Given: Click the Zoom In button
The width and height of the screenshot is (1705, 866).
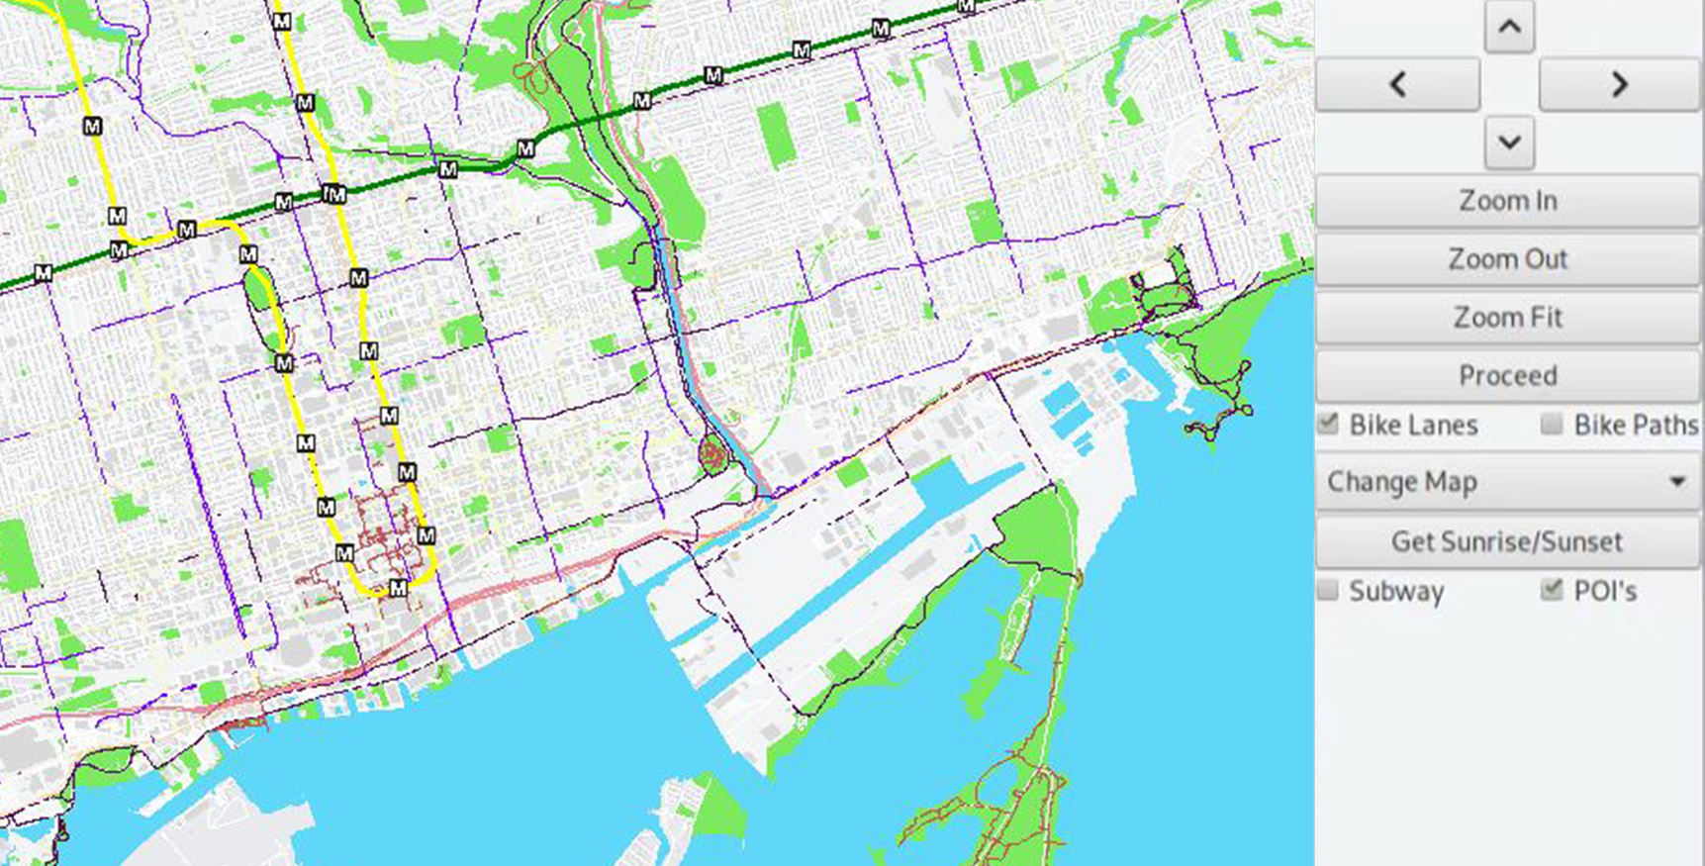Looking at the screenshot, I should click(x=1507, y=201).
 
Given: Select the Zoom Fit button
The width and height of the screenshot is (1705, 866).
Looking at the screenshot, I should click(x=1507, y=318).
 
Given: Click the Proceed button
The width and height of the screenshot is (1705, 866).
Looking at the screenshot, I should click(x=1507, y=376).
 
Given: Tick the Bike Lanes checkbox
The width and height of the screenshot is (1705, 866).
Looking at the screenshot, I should click(x=1328, y=425).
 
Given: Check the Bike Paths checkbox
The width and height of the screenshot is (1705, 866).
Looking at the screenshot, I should click(x=1552, y=425).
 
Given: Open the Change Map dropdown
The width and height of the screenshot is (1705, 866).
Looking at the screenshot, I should click(x=1507, y=482).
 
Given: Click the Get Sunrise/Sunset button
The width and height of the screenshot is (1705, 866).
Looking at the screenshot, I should click(x=1507, y=541).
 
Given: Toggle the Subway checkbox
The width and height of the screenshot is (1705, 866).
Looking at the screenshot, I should click(x=1328, y=591).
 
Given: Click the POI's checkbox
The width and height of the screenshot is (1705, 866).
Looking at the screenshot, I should click(x=1552, y=591).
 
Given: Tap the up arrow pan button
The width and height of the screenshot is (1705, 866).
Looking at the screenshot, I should click(x=1509, y=27).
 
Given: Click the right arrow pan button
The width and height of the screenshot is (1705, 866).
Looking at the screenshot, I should click(x=1619, y=84).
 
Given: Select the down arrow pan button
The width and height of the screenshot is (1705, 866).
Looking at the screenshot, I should click(x=1509, y=143).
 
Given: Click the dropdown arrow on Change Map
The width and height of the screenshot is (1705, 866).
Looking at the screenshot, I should click(x=1677, y=482).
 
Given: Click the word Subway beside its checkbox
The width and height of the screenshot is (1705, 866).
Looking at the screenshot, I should click(x=1396, y=592).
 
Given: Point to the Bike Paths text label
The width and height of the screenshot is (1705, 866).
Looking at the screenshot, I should click(x=1636, y=426).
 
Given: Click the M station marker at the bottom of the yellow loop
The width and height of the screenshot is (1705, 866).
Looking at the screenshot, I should click(x=397, y=588).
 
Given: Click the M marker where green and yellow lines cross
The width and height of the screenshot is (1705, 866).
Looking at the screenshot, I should click(x=335, y=194).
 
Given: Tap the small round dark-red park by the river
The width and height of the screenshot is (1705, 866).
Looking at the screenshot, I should click(x=712, y=454).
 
